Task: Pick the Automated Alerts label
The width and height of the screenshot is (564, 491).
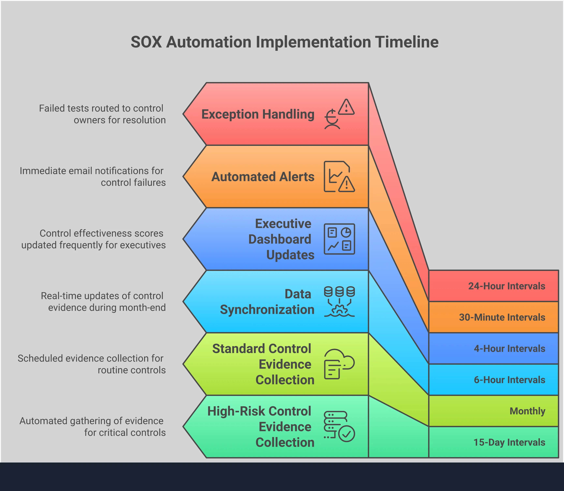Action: [x=263, y=177]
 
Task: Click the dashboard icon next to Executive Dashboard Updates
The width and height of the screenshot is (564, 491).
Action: [x=339, y=239]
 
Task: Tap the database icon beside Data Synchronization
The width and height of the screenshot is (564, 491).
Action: [x=339, y=301]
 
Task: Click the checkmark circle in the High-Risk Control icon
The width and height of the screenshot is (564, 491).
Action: [x=347, y=434]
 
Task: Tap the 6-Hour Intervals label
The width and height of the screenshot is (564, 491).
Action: [x=509, y=380]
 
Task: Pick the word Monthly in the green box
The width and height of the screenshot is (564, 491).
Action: [x=527, y=411]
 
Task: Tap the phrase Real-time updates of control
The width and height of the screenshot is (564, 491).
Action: [x=102, y=296]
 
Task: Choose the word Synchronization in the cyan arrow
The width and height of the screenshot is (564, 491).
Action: [x=267, y=310]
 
